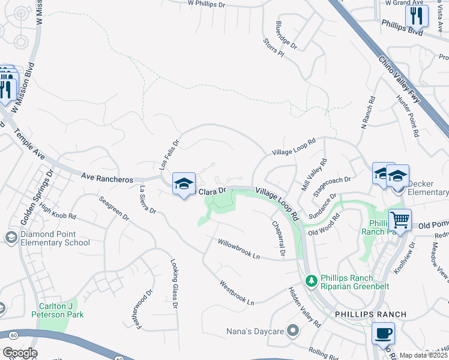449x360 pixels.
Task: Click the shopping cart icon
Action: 400,220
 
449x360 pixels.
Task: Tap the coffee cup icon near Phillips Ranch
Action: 383,333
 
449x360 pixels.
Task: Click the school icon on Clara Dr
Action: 184,183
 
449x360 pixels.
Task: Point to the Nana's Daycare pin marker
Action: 292,330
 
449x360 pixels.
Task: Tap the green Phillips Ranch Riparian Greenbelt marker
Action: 311,280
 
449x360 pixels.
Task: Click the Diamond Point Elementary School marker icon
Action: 10,238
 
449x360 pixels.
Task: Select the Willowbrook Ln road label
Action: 239,249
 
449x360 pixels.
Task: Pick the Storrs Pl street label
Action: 273,48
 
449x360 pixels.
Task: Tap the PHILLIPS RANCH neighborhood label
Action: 371,314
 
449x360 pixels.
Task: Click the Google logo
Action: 20,353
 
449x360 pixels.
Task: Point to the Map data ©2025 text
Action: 423,355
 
